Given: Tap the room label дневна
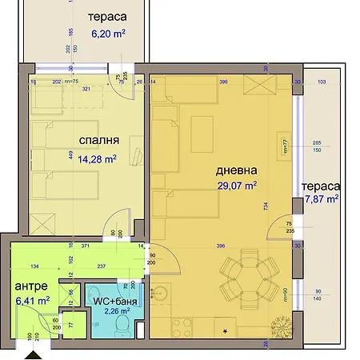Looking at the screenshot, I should pos(236,170).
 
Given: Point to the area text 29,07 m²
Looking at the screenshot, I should pos(238,186).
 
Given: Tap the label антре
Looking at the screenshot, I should pos(31,286).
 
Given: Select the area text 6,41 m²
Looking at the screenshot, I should pos(33,301).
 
